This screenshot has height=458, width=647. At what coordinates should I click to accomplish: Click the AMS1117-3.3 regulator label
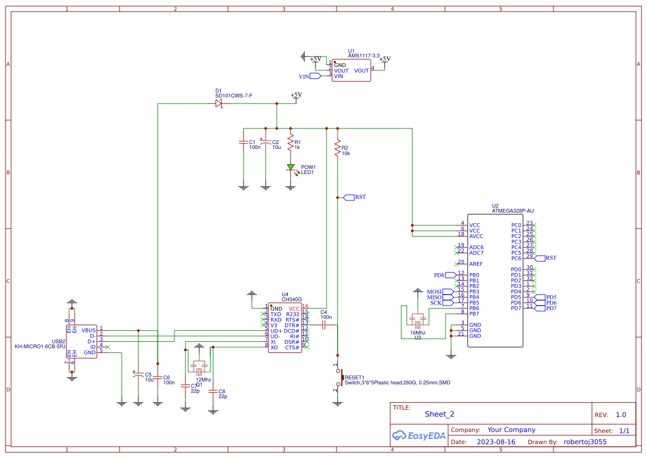pos(364,56)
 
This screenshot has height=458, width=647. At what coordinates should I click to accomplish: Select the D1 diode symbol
pos(219,104)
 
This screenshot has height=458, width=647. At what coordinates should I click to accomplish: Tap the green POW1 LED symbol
pos(291,167)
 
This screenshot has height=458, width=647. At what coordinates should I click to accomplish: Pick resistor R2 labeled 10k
pos(337,148)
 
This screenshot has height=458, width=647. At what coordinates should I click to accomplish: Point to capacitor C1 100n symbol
pos(242,142)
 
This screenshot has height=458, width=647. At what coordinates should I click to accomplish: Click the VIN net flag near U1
pos(314,76)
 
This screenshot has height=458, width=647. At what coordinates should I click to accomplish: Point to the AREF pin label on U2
pos(475,264)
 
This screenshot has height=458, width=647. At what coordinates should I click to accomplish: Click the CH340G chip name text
pos(292,300)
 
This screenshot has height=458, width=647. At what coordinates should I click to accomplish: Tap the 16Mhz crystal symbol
pos(417,320)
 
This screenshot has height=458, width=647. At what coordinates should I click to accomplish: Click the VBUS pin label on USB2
pos(89,331)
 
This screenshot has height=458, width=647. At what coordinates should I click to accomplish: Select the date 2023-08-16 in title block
pos(495,442)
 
